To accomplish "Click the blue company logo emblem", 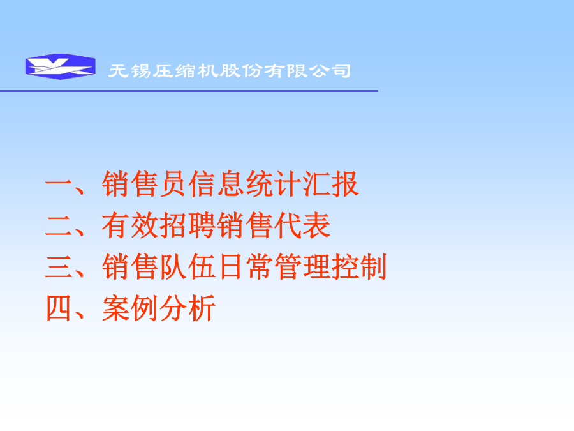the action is coord(61,66).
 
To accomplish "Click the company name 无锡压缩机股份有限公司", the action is coord(230,71).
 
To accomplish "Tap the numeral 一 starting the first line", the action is coord(58,184).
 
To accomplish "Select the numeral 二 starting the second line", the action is coord(58,225).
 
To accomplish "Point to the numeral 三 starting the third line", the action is coord(58,267).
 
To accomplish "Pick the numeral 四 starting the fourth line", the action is coord(58,308).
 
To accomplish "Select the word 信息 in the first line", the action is coord(216,184).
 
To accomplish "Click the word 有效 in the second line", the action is coord(130,225).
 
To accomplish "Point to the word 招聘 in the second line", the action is coord(188,225).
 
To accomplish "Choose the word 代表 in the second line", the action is coord(302,225).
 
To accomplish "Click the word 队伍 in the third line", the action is coord(188,267).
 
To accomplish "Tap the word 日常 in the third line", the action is coord(245,267).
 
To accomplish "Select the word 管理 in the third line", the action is coord(302,267).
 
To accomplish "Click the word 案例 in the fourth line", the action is coord(130,308).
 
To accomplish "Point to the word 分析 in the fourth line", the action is coord(188,308).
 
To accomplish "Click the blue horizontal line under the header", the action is coord(189,91).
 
